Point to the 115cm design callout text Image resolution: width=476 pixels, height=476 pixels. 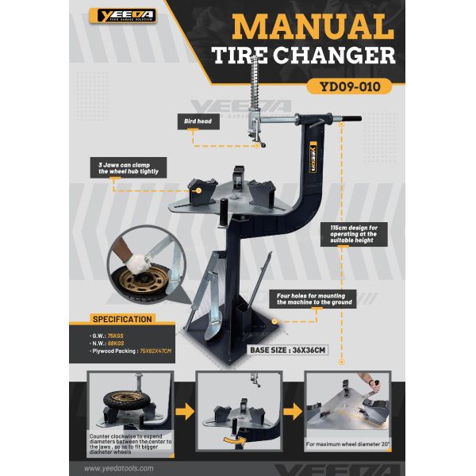[373, 236]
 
